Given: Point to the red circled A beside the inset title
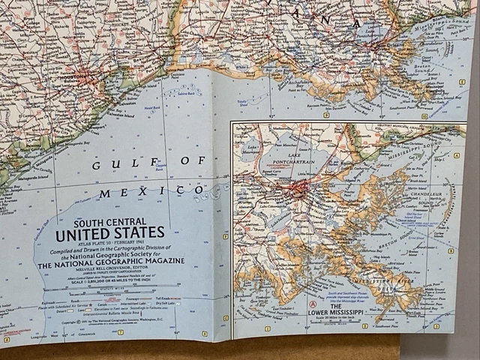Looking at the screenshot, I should (x=312, y=304).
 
